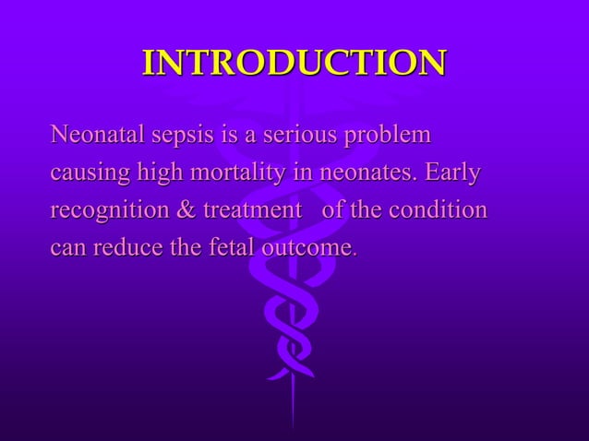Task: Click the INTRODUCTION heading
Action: click(294, 63)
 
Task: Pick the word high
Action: click(162, 174)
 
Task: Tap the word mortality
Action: click(242, 174)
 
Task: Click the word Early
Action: click(454, 174)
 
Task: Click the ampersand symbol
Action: click(185, 210)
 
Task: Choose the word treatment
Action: click(251, 210)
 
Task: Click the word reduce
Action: click(123, 247)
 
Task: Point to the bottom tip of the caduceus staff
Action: click(294, 426)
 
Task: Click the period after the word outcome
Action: click(355, 254)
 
